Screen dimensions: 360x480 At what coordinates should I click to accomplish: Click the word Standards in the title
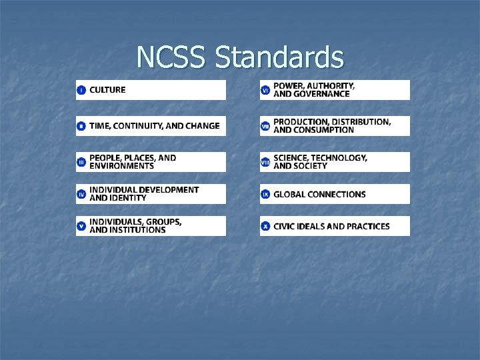(279, 57)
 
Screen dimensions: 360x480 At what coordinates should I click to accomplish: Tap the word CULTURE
(107, 90)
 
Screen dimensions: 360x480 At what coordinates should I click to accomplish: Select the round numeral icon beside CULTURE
(81, 90)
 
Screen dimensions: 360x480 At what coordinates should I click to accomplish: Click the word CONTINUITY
(139, 126)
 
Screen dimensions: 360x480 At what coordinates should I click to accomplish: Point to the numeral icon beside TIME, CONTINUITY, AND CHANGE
(81, 126)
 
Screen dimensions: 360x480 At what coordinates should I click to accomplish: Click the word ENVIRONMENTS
(121, 166)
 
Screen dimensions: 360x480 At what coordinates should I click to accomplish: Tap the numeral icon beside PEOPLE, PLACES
(81, 162)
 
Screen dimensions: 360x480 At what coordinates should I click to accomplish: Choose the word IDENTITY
(128, 198)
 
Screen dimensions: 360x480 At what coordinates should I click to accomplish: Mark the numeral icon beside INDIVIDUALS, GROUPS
(81, 226)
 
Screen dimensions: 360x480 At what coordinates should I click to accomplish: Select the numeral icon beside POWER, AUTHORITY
(265, 90)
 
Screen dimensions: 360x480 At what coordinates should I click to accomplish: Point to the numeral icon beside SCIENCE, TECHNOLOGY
(265, 162)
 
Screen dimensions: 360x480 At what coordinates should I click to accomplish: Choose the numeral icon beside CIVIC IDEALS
(265, 227)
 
